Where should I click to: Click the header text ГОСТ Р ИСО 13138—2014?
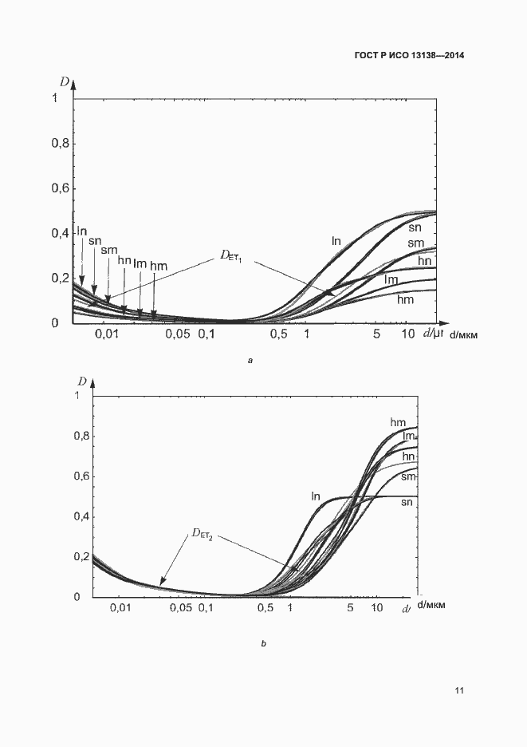[409, 56]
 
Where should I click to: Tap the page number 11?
[458, 690]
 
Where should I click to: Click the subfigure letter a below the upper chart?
[250, 362]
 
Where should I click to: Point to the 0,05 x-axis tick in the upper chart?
[178, 334]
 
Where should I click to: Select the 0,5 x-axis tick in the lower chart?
[265, 609]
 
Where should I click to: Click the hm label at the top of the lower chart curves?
[399, 421]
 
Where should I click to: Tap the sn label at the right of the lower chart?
[407, 502]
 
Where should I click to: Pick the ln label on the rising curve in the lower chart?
[316, 496]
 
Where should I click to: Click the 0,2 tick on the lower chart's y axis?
[81, 556]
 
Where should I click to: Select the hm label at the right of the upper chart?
[405, 299]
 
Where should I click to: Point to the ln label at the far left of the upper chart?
[81, 231]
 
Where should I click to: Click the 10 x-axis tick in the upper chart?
[407, 333]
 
